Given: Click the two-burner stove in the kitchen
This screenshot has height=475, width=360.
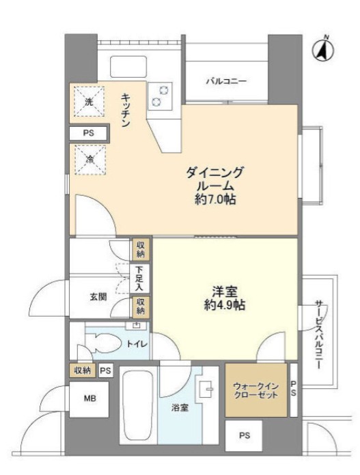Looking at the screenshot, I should [162, 95].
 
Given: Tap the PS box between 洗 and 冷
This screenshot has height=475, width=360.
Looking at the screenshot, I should [88, 133].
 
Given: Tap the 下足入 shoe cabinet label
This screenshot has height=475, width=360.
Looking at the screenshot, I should [139, 278].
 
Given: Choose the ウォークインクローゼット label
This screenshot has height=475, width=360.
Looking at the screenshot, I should [256, 390].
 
